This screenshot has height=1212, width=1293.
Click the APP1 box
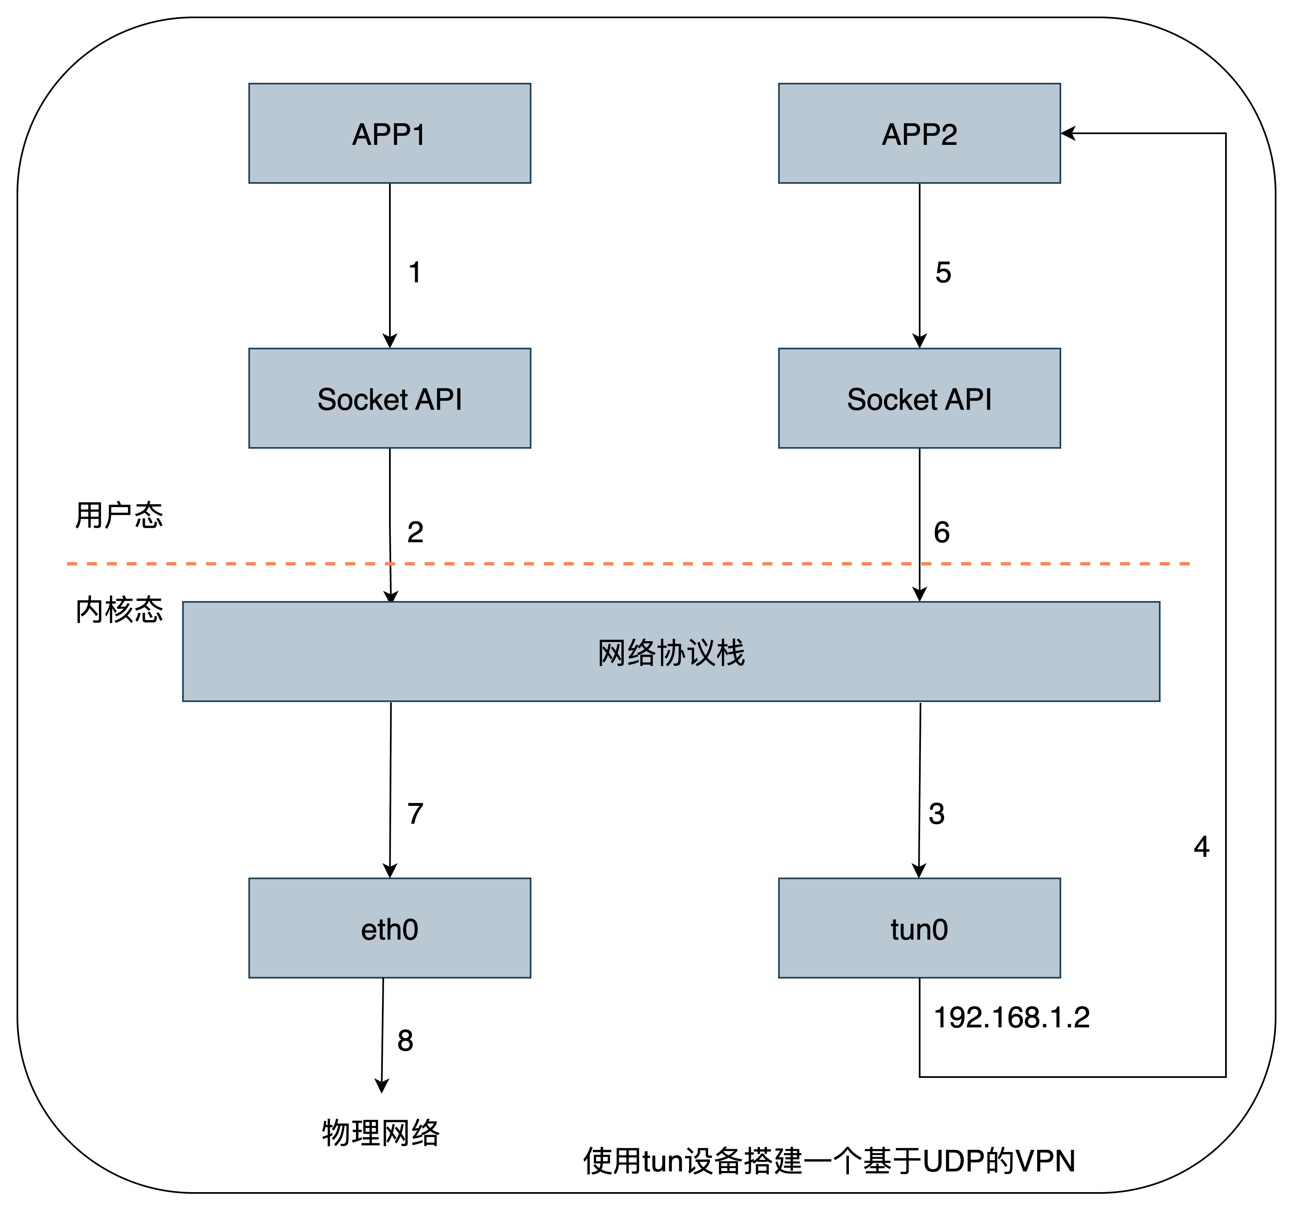pyautogui.click(x=389, y=133)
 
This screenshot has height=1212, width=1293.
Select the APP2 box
pyautogui.click(x=919, y=133)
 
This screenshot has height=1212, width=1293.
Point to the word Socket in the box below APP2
pyautogui.click(x=892, y=399)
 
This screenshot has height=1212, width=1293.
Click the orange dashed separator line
pyautogui.click(x=628, y=563)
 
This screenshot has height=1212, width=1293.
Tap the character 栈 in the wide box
pyautogui.click(x=731, y=652)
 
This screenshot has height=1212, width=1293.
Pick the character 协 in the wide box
pyautogui.click(x=671, y=652)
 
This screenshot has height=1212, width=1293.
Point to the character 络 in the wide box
pyautogui.click(x=641, y=652)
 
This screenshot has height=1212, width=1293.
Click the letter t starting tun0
pyautogui.click(x=894, y=930)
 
